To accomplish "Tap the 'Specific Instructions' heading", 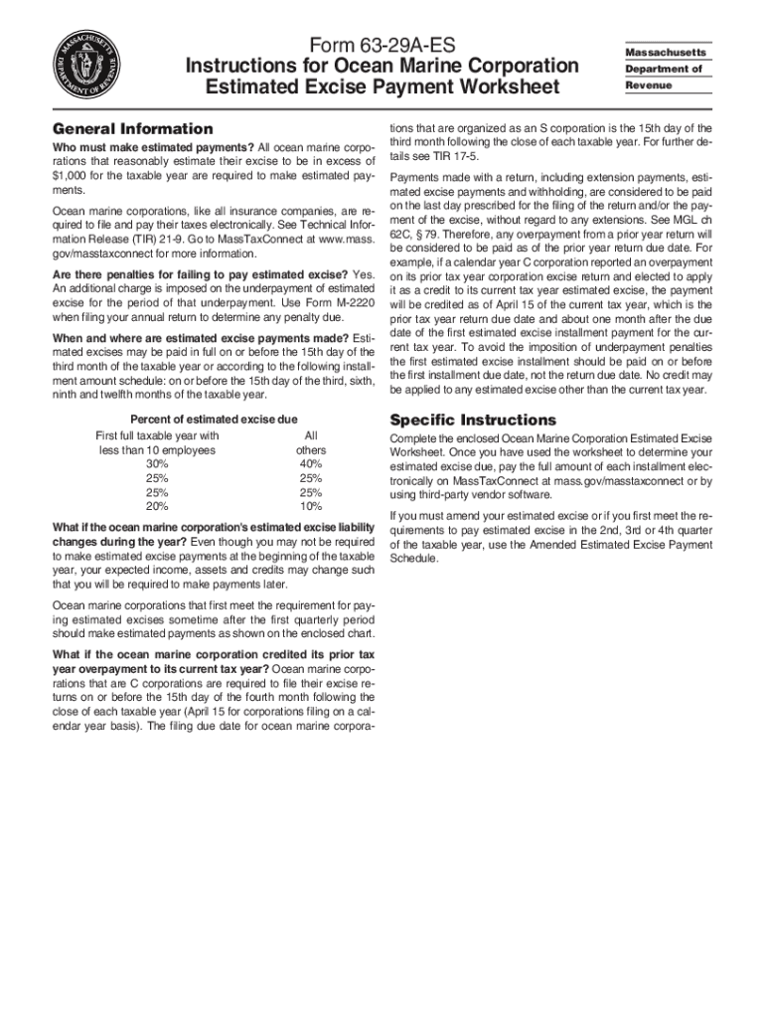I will tap(473, 420).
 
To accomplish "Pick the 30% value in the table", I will tap(157, 464).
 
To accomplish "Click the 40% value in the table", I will tap(311, 464).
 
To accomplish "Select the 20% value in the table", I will tap(157, 506).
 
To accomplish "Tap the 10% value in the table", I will tap(311, 506).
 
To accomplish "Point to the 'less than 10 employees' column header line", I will tap(157, 450).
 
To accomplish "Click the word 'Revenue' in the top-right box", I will tap(648, 86).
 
